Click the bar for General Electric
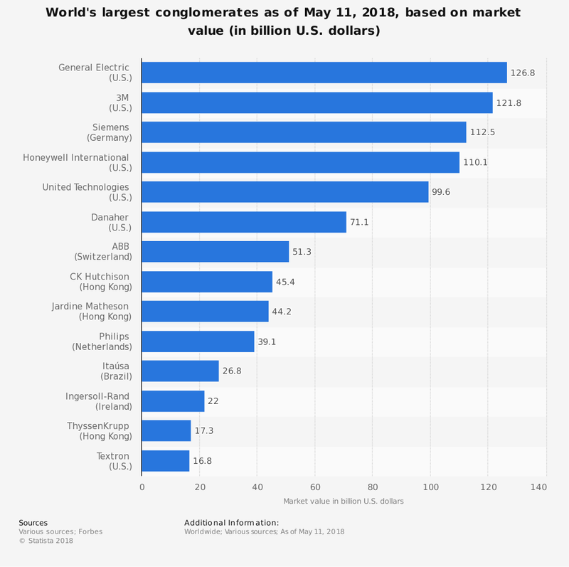coord(324,73)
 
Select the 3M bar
coord(317,102)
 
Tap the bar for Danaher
coord(244,222)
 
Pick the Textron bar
coord(166,461)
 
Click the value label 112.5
coord(484,132)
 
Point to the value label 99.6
coord(442,192)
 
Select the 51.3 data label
coord(303,252)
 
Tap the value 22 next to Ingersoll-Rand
coord(213,401)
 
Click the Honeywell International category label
coord(76,162)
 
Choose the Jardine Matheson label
coord(90,312)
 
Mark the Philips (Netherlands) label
coord(102,341)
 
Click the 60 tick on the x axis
coord(315,487)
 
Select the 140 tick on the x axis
coord(538,487)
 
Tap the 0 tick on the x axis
coord(142,487)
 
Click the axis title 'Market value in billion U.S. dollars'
coord(344,501)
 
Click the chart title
coord(284,22)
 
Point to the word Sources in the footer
coord(33,523)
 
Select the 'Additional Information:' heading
coord(231,523)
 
